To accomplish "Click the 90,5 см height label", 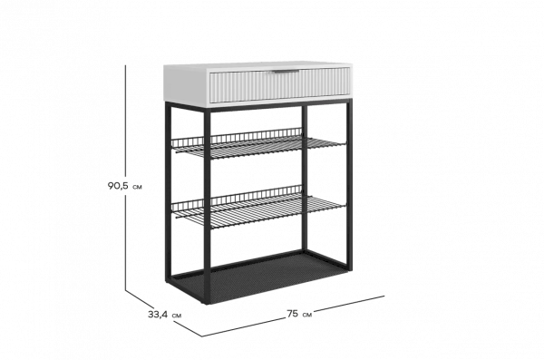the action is pyautogui.click(x=124, y=186).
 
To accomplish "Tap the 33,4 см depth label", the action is pyautogui.click(x=164, y=315).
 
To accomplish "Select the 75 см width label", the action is pyautogui.click(x=299, y=314).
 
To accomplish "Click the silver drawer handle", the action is pyautogui.click(x=285, y=72).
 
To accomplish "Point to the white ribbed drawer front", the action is pyautogui.click(x=279, y=85).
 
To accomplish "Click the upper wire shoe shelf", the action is pyautogui.click(x=258, y=143).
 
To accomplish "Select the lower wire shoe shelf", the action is pyautogui.click(x=258, y=206).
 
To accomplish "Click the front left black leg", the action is pyautogui.click(x=207, y=206).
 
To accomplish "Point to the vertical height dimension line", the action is pyautogui.click(x=126, y=178).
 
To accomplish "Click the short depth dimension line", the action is pyautogui.click(x=163, y=314).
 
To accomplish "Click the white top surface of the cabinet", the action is pyautogui.click(x=257, y=65).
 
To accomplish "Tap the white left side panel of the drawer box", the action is pyautogui.click(x=187, y=86).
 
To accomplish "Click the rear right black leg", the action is pyautogui.click(x=305, y=178).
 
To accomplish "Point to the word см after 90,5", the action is pyautogui.click(x=137, y=187).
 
